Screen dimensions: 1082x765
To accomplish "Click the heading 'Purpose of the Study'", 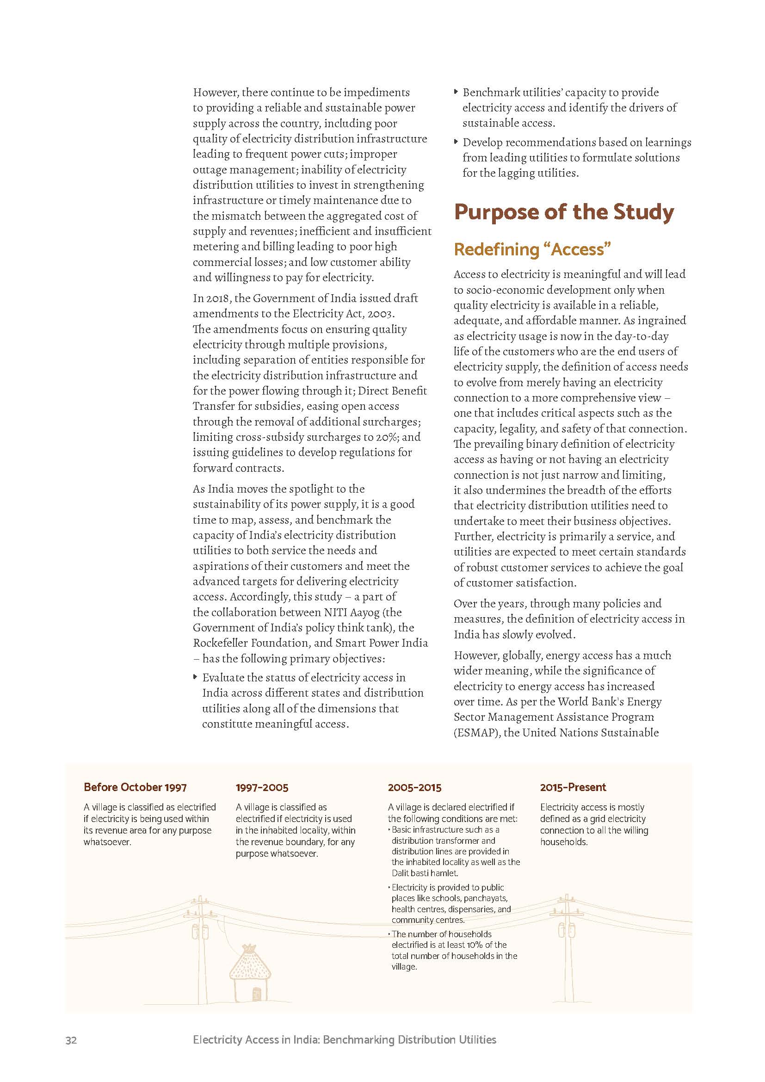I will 563,212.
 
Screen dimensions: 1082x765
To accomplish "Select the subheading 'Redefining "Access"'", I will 532,249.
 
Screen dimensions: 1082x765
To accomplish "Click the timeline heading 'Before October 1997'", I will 135,787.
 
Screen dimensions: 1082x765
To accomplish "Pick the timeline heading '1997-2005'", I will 262,787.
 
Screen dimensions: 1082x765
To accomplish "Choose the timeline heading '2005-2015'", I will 414,787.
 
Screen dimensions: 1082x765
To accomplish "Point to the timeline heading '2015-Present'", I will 573,787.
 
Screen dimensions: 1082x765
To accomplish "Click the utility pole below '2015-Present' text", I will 567,947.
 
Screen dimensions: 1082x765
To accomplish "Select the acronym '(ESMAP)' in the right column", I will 476,733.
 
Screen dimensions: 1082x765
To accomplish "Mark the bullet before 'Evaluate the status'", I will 196,677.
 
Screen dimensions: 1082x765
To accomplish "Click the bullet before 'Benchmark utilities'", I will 456,93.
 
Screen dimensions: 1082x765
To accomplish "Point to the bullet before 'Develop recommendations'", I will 456,142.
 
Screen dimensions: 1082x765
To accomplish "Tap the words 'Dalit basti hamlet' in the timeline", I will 425,873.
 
